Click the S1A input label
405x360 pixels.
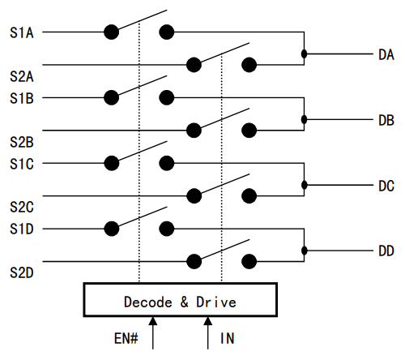point(22,32)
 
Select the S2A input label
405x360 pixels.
point(22,76)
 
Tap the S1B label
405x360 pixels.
point(22,98)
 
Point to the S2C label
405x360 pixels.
point(22,207)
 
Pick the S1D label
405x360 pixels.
point(22,229)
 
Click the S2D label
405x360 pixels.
point(22,272)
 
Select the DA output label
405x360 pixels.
point(386,55)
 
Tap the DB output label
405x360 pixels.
point(386,120)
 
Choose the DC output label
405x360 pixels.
point(386,186)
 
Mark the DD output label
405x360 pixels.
point(386,251)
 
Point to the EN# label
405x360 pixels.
point(126,338)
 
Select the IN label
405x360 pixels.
point(227,338)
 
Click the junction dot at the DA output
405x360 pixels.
point(304,54)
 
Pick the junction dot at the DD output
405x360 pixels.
point(304,251)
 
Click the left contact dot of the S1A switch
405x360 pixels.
point(112,32)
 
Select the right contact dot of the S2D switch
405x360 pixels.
point(249,261)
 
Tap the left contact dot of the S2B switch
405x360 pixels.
point(194,131)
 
